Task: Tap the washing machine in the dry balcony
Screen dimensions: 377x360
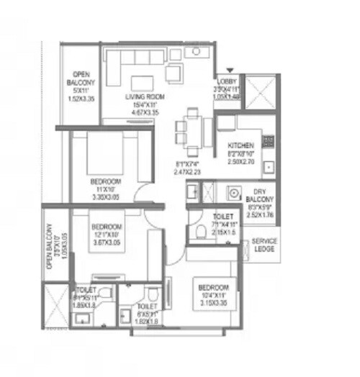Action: tap(234, 192)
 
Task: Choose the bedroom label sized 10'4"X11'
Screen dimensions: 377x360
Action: tap(213, 287)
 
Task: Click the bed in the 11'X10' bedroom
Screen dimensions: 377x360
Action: tap(106, 153)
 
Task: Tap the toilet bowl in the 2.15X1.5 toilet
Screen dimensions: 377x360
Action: tap(201, 231)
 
